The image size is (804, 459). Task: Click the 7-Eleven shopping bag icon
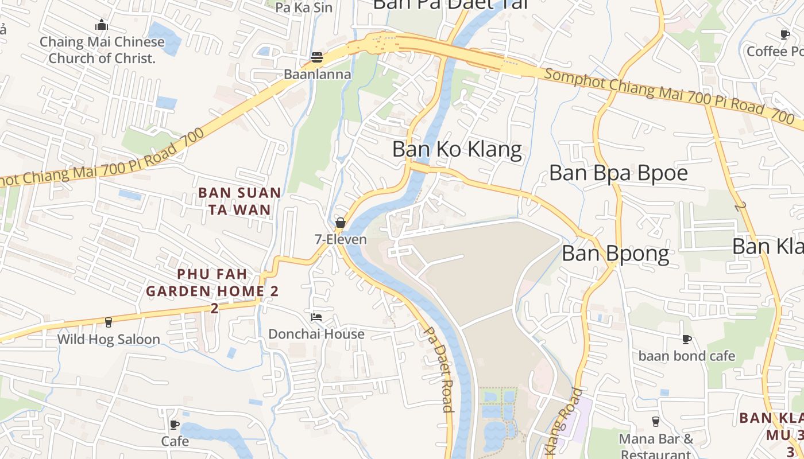pos(341,223)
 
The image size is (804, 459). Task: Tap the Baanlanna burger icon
pos(317,57)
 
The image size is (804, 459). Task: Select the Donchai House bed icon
pos(316,317)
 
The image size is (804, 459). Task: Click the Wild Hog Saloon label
pos(109,339)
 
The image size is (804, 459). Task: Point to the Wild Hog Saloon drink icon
pos(108,322)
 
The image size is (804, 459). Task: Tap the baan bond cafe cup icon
pos(687,340)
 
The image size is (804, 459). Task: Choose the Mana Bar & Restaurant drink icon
pos(656,422)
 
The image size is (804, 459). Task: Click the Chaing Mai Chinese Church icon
pos(102,25)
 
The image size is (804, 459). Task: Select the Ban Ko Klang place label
pos(457,150)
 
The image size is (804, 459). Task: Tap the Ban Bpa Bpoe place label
pos(619,173)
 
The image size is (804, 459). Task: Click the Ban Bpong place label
pos(616,254)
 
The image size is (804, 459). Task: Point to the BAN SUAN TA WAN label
pos(240,201)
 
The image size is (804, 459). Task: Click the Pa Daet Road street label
pos(440,369)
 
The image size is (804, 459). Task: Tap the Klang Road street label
pos(563,422)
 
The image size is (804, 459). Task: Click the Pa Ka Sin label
pos(304,7)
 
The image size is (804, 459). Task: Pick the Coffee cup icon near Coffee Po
pos(785,35)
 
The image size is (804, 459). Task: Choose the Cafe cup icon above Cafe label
pos(175,425)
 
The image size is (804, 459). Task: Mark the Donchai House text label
pos(316,334)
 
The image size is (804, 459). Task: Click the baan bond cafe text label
pos(687,356)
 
